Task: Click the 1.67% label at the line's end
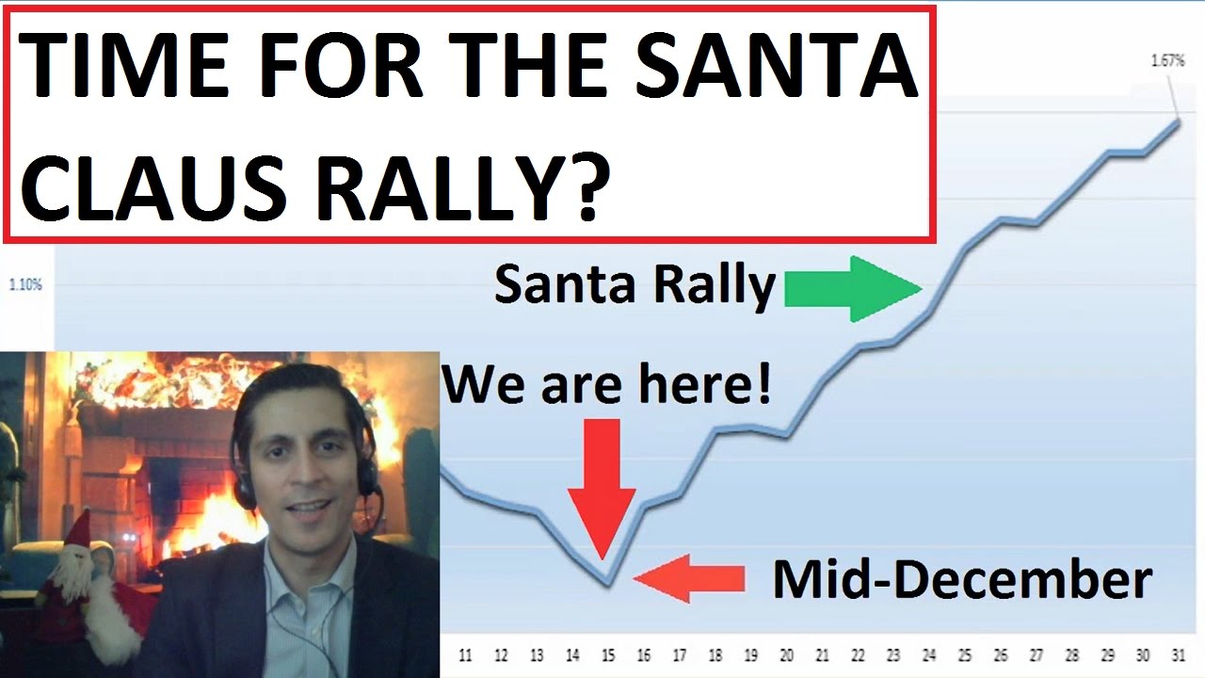tap(1167, 61)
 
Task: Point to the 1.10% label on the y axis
tap(25, 283)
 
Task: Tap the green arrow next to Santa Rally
tap(852, 288)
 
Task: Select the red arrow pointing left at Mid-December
tap(688, 577)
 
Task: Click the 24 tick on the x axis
tap(929, 655)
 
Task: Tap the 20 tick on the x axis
tap(786, 655)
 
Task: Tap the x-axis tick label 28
tap(1071, 655)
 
